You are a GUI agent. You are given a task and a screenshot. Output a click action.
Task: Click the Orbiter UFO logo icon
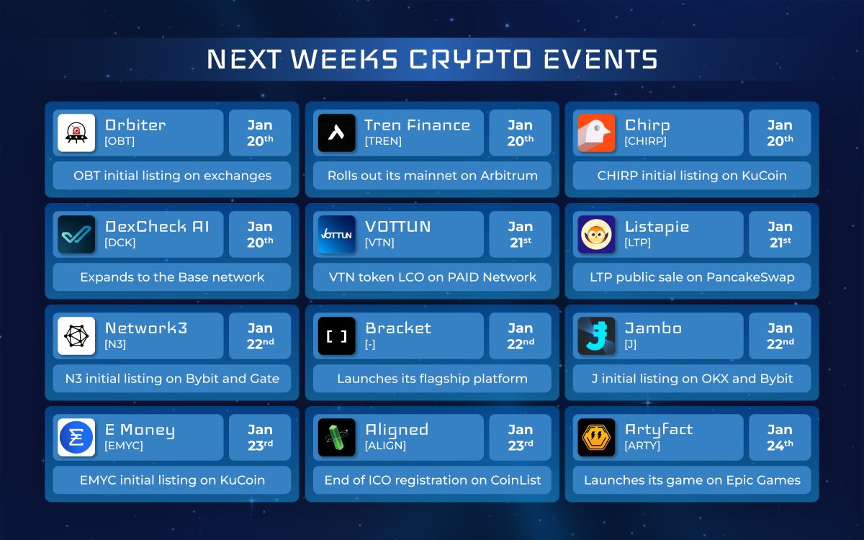(76, 132)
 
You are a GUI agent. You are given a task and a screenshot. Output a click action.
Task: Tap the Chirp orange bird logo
(596, 132)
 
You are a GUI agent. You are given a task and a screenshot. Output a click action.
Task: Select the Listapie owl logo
(596, 234)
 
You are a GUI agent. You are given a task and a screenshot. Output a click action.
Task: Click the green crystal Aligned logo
(336, 438)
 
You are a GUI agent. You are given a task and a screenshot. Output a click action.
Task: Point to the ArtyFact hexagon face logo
(596, 438)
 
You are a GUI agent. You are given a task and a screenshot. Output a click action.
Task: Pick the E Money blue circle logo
(76, 438)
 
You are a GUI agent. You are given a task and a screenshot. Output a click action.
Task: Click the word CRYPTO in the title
(470, 59)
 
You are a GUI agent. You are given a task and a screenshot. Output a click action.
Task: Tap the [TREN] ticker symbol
(383, 141)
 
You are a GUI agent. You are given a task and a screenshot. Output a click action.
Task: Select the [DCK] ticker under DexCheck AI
(120, 243)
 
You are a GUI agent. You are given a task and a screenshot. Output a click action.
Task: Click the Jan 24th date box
(780, 438)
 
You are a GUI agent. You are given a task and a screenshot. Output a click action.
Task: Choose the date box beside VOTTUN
(520, 234)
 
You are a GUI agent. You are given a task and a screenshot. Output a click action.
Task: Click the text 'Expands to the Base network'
(172, 277)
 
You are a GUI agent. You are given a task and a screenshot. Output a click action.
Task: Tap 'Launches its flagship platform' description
(433, 379)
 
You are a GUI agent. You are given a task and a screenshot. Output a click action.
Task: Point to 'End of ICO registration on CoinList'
(433, 480)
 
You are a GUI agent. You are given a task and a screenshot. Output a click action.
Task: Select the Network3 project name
(146, 328)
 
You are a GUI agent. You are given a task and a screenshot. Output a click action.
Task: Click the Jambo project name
(653, 328)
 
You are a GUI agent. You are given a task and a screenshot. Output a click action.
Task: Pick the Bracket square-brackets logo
(336, 336)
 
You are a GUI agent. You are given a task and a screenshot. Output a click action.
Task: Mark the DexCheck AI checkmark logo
(76, 234)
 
